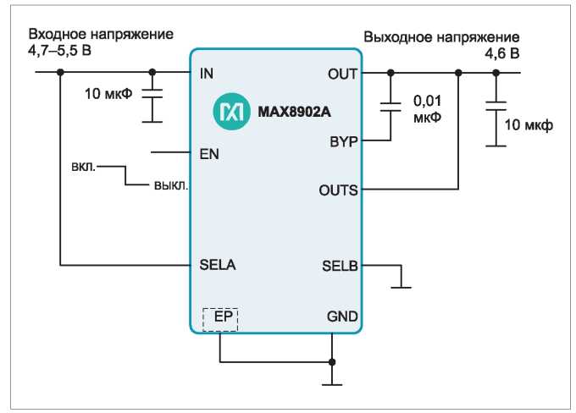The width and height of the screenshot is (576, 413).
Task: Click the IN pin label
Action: coord(207,74)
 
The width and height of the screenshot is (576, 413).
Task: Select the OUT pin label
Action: coord(342,74)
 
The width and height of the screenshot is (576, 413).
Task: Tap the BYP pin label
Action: coord(343,141)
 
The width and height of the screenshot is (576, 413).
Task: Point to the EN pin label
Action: coord(209,154)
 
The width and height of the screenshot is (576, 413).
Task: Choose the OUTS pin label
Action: coord(338,190)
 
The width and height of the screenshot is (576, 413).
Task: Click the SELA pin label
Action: coord(218,265)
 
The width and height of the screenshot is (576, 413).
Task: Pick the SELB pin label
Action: coord(340,266)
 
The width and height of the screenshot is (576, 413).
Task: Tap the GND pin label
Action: coord(342,317)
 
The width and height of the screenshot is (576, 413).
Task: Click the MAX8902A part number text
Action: coord(294,112)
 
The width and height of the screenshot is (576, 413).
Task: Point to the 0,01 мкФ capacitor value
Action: coord(427,109)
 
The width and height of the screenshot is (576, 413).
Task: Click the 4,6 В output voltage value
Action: coord(501,53)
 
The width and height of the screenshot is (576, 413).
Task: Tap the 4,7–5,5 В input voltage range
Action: coord(59,50)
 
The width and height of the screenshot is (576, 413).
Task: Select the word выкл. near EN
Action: coord(171,185)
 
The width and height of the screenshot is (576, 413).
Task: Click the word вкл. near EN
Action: coord(83,167)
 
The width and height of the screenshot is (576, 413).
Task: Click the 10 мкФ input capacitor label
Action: coord(108,94)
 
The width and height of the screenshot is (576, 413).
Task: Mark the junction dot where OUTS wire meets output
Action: coord(458,73)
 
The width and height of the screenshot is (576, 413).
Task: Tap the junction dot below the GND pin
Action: coord(332,362)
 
